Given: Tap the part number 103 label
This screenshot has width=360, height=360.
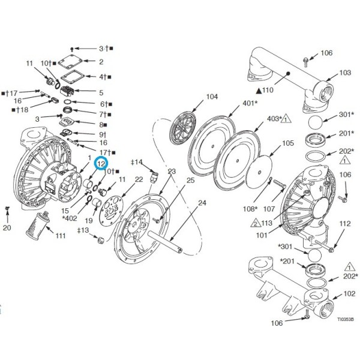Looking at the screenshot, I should click(344, 73).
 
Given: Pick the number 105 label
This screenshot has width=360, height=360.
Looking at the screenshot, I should click(288, 143).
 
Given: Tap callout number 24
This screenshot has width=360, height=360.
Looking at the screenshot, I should click(202, 203).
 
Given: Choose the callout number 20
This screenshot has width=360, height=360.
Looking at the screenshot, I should click(7, 228).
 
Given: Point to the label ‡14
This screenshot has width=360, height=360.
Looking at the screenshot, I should click(137, 162).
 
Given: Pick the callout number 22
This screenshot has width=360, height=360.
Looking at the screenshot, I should click(139, 179).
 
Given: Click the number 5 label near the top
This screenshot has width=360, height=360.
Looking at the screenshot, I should click(101, 92).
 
